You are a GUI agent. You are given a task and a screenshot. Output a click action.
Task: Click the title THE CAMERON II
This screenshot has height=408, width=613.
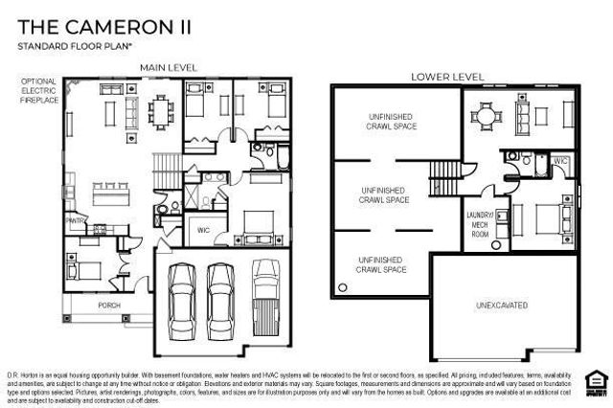click(103, 26)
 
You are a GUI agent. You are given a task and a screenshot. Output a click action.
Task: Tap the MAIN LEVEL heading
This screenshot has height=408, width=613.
click(169, 67)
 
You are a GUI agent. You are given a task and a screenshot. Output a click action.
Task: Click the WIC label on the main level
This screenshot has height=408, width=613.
click(203, 230)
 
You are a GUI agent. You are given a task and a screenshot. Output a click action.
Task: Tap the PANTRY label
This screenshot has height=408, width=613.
click(76, 220)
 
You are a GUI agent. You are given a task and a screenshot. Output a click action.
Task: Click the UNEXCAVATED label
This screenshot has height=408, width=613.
click(502, 306)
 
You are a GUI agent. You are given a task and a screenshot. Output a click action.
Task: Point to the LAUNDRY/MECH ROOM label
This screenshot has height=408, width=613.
click(478, 223)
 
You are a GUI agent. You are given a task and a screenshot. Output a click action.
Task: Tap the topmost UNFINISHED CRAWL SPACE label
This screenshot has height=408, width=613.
click(393, 121)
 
